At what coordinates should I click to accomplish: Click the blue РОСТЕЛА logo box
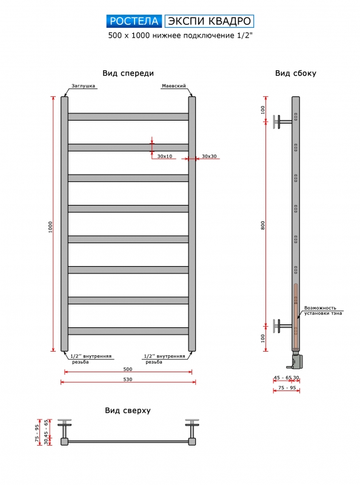134,21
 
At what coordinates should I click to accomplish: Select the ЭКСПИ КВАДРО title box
209,21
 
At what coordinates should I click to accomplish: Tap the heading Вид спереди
128,73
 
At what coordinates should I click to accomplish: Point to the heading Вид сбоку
296,73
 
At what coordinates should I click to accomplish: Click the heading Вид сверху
128,410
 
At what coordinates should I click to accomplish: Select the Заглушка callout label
83,85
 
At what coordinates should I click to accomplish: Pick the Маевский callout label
174,85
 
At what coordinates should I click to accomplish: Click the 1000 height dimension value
50,227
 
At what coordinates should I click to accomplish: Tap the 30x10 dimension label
164,156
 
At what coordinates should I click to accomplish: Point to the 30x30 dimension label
209,156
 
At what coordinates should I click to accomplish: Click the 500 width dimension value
128,369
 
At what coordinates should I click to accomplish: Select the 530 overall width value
128,380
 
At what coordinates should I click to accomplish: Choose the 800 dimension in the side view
263,225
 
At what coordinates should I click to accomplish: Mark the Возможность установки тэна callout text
323,310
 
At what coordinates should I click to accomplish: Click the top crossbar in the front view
128,116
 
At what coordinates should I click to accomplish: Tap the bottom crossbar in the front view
128,331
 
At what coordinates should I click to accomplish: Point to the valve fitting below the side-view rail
296,360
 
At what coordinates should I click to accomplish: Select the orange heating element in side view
296,316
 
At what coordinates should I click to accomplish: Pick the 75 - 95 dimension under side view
287,387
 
